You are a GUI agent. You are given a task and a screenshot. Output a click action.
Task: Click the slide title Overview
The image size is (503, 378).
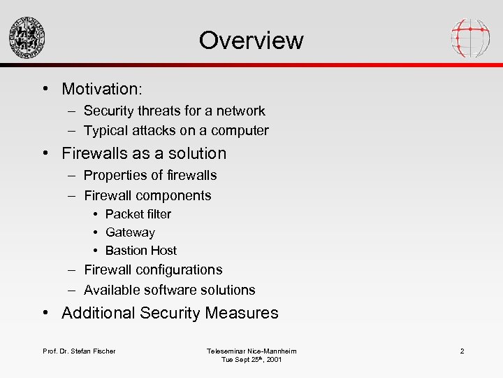tap(251, 40)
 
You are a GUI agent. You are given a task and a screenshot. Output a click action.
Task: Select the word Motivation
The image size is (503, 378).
tap(101, 89)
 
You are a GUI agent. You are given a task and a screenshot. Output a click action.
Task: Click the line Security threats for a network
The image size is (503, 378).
tap(174, 111)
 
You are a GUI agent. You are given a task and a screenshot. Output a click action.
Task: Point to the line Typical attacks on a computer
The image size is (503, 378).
tap(176, 130)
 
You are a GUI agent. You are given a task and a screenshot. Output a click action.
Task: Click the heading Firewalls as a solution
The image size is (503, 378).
tap(144, 153)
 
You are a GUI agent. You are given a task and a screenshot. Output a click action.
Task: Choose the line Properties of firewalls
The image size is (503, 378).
tap(150, 175)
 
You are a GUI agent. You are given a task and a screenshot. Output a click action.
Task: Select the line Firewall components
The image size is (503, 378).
tap(147, 195)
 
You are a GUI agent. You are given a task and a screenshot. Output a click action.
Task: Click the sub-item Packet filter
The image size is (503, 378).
tap(138, 214)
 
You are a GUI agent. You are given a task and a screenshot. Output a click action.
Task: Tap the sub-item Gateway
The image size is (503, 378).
tap(130, 232)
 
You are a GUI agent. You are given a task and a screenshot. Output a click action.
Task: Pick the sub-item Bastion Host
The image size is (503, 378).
tap(140, 251)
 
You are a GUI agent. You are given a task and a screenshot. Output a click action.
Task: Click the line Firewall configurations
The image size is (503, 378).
tap(153, 269)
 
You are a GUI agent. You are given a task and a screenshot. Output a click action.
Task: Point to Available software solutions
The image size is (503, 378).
tap(169, 290)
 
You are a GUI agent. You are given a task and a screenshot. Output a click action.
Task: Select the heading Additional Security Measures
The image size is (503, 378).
tap(170, 313)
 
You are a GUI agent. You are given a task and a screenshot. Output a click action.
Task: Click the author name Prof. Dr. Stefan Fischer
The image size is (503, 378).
tap(79, 351)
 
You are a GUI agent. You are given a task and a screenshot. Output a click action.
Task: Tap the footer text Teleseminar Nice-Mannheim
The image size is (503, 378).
tap(251, 351)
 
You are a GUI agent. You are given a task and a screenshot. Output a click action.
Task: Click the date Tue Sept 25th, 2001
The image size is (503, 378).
tap(251, 360)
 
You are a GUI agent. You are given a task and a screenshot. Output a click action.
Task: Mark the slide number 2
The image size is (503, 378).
tap(462, 351)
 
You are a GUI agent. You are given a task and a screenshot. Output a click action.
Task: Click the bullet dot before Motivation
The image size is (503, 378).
tap(44, 89)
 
